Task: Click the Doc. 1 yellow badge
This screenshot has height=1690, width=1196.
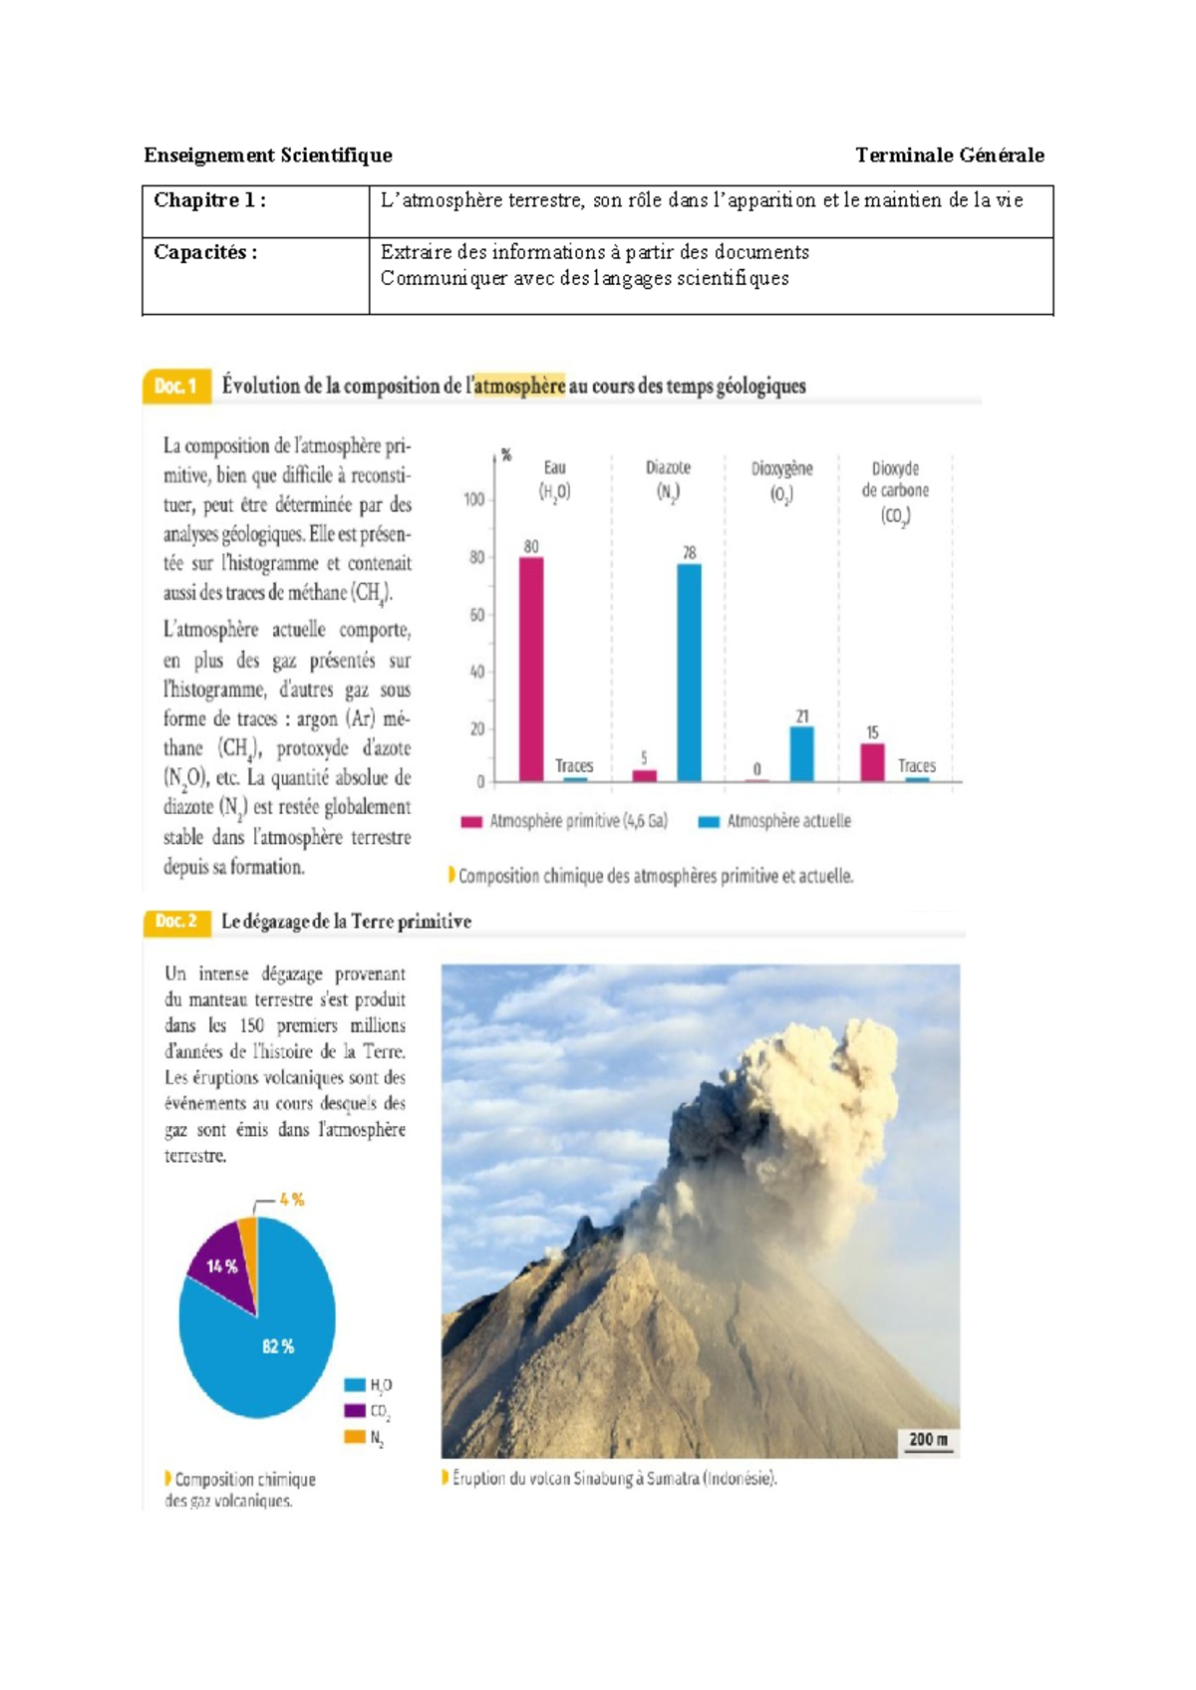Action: click(x=176, y=386)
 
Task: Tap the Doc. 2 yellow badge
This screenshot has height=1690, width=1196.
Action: click(x=176, y=921)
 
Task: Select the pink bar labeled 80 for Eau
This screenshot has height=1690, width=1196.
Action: click(x=531, y=669)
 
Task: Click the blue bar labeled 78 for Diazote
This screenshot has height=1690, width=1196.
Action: click(x=689, y=673)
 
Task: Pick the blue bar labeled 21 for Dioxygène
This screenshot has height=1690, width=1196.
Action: click(x=801, y=753)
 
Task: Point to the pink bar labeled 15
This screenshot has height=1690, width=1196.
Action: click(x=872, y=761)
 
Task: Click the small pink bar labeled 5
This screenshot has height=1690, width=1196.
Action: click(x=645, y=774)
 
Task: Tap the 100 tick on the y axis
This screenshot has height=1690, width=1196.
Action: click(x=474, y=499)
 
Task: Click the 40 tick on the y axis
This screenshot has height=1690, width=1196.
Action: click(x=476, y=672)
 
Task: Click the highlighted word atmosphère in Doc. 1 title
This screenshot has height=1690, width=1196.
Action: click(x=518, y=386)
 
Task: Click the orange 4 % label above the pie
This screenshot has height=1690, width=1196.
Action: click(x=291, y=1200)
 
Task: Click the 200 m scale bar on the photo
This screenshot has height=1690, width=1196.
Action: click(x=928, y=1440)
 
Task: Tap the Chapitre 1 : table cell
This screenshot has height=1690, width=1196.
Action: click(x=255, y=210)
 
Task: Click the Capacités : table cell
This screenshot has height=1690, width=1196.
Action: click(x=255, y=275)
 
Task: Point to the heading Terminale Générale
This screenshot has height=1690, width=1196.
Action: click(x=949, y=154)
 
